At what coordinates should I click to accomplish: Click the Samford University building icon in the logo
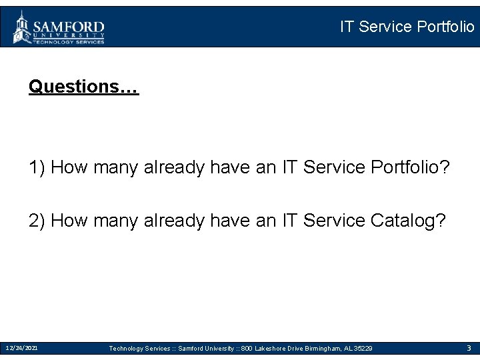click(22, 27)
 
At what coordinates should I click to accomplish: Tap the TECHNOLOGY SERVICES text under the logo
click(69, 41)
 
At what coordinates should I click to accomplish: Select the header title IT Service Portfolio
click(407, 27)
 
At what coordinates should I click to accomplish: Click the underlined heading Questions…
click(83, 87)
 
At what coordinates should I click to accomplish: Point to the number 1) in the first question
click(37, 167)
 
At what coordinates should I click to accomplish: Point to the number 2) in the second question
click(37, 221)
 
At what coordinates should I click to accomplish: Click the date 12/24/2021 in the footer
click(21, 348)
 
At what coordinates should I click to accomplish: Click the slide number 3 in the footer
click(469, 348)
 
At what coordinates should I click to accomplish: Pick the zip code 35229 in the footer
click(363, 349)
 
